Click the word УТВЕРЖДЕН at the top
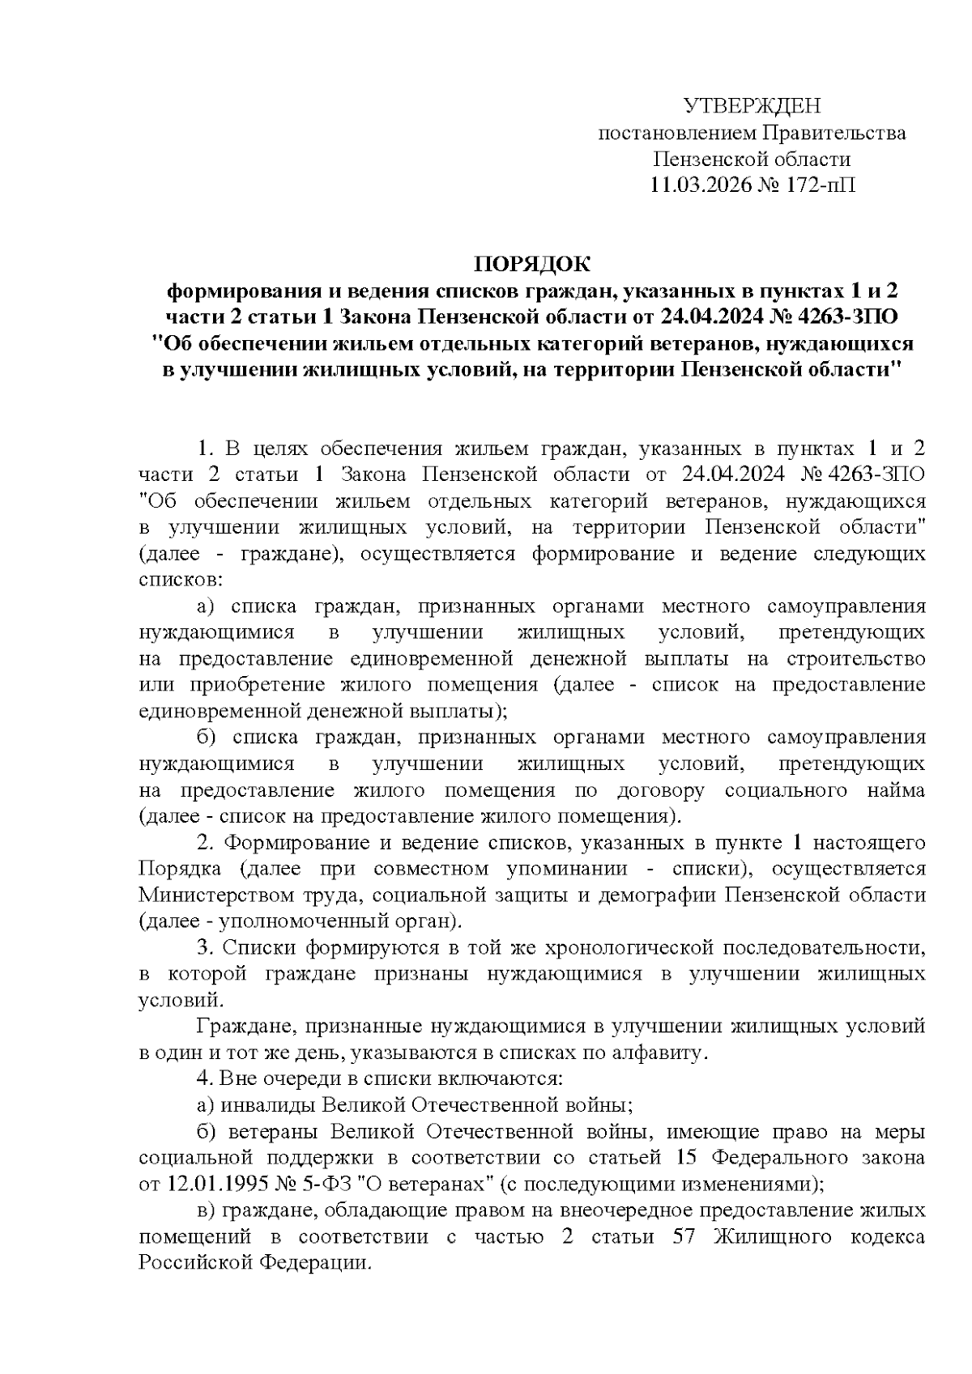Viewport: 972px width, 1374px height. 752,106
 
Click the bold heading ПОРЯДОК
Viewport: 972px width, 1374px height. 532,264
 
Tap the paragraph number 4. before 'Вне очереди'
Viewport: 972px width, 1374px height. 205,1078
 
